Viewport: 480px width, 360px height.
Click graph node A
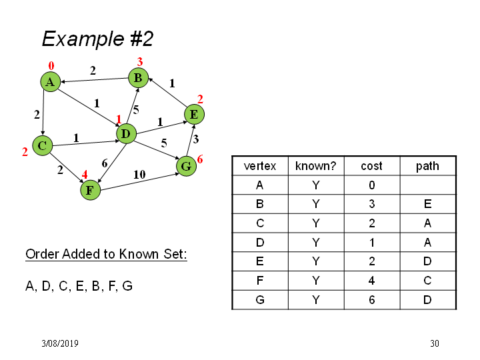tap(50, 82)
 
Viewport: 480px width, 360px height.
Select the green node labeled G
tap(186, 166)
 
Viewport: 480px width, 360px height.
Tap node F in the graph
tap(90, 190)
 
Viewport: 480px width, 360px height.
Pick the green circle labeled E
tap(194, 115)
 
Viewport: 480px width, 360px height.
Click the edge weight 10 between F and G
tap(139, 175)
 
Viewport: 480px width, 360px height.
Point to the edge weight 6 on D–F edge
tap(105, 163)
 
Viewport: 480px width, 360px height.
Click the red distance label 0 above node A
tap(51, 66)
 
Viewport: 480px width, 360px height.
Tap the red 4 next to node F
tap(85, 175)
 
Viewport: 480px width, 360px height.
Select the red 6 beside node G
tap(200, 159)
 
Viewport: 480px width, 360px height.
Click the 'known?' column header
tap(315, 166)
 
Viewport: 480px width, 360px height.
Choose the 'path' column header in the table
tap(427, 166)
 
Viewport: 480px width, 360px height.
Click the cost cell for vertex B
tap(371, 204)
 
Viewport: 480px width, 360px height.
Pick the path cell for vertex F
tap(427, 281)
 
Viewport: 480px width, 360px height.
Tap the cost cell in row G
tap(371, 300)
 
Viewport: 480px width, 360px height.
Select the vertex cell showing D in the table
tap(260, 243)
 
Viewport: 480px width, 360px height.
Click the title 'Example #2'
tap(97, 39)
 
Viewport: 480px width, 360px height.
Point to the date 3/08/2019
tap(60, 343)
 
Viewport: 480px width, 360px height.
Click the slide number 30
tap(435, 343)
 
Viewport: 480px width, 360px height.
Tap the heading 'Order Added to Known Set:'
tap(106, 254)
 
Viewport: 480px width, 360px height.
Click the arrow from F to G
tap(139, 182)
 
